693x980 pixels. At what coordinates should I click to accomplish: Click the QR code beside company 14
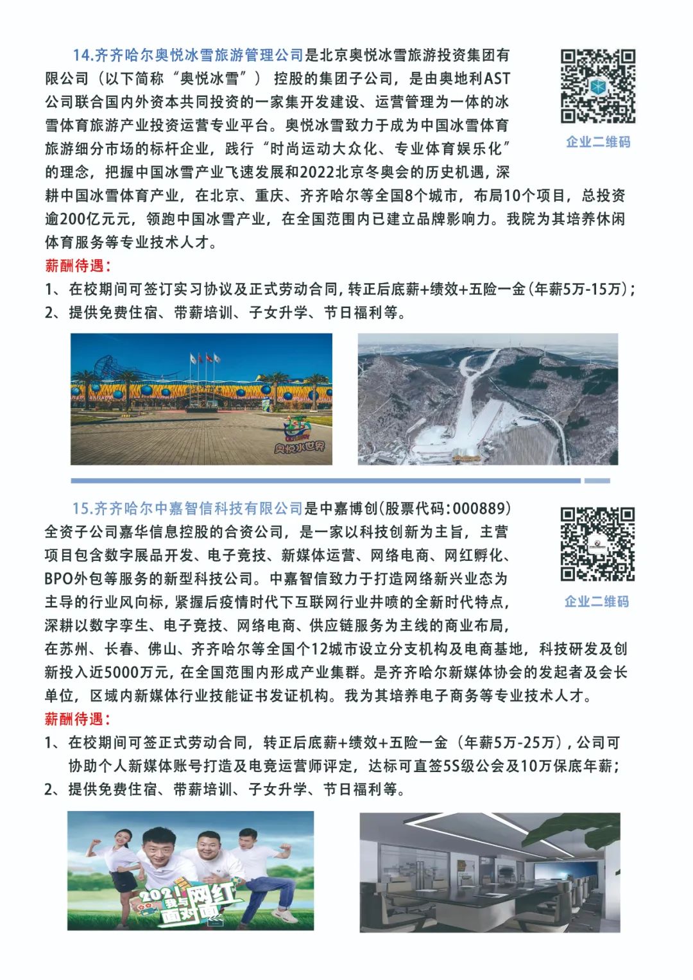click(x=597, y=86)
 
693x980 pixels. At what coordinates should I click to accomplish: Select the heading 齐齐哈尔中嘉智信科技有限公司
click(x=187, y=508)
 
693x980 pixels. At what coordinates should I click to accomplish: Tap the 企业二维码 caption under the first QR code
click(x=597, y=142)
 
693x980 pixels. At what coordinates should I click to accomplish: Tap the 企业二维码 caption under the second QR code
click(x=597, y=601)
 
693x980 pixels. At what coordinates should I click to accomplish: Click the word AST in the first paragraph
click(x=497, y=79)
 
